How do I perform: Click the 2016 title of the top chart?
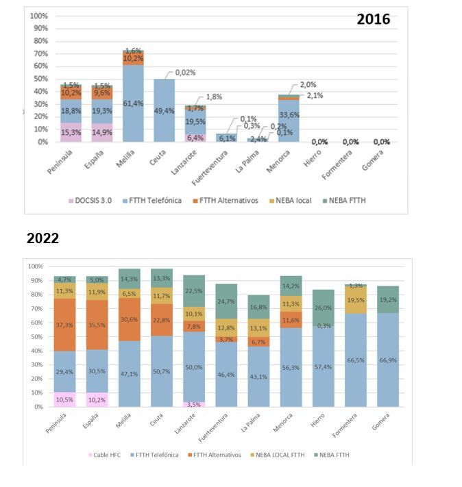point(373,19)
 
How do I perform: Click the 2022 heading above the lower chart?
point(42,238)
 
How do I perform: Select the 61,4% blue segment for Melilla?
point(133,103)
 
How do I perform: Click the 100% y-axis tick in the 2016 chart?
point(38,16)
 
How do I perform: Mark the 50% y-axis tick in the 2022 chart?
point(35,336)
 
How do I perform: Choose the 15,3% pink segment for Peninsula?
point(71,132)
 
